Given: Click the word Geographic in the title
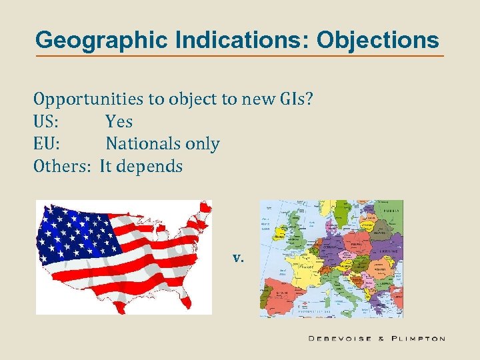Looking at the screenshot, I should point(92,40).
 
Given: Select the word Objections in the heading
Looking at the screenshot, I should point(378,40).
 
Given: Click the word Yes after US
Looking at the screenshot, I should point(119,122).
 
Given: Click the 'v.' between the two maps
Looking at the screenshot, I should point(238,257).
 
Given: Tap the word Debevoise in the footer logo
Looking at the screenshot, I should point(340,339).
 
